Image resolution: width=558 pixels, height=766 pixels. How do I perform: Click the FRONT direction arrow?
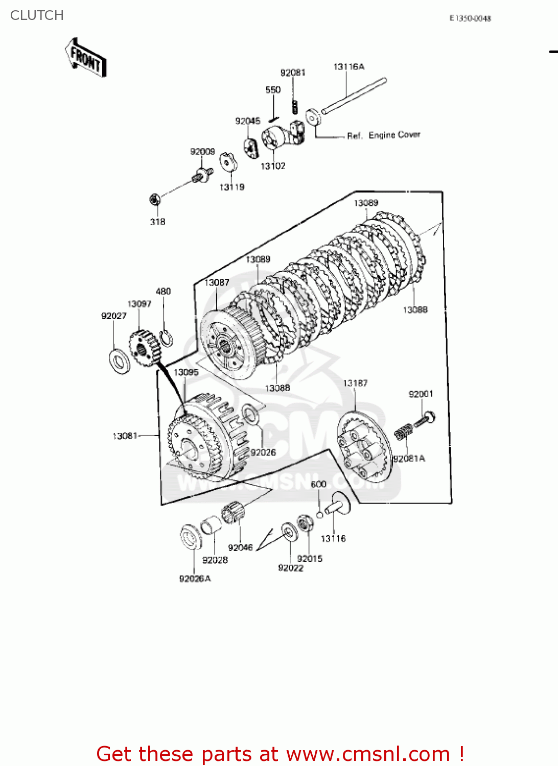pos(86,57)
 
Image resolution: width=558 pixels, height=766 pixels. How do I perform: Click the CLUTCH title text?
pos(37,15)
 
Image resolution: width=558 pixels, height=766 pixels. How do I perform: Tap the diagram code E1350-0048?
pos(470,18)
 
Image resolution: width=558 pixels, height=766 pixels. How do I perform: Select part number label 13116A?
pos(349,66)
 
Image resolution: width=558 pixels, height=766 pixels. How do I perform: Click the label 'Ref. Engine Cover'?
pos(383,135)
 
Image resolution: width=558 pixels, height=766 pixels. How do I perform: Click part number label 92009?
pos(202,152)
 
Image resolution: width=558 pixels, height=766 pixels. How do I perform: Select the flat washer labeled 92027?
pos(120,362)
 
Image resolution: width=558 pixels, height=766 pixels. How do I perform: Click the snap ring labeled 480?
pos(166,338)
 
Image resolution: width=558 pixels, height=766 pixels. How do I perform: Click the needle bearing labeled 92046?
pos(233,512)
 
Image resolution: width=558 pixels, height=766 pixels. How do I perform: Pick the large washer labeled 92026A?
pos(191,537)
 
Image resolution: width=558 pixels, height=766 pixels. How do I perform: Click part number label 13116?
pos(333,539)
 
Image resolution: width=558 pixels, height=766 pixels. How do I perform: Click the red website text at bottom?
pos(280,754)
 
